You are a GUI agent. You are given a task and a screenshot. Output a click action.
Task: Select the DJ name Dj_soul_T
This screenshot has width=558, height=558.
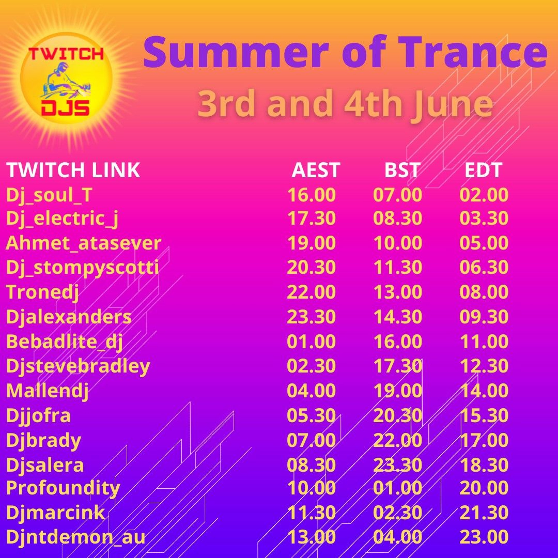49,195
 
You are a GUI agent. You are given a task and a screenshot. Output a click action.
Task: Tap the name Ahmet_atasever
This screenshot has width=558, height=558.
83,243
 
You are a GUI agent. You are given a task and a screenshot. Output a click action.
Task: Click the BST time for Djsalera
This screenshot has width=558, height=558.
398,465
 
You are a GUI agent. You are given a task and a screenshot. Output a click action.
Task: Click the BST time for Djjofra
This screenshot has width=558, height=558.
398,415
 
